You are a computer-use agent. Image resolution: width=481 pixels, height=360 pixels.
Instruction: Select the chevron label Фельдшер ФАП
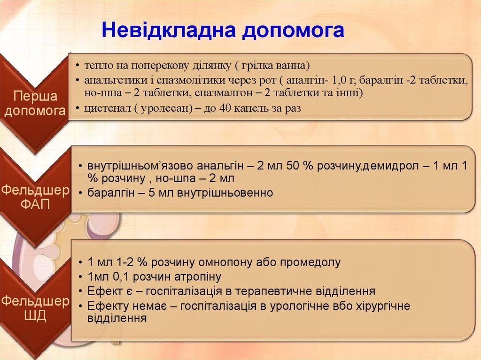coord(35,198)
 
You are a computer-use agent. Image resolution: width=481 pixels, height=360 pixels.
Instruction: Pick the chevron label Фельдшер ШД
coord(35,308)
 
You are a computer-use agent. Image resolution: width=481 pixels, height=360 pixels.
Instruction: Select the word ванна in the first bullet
coord(290,64)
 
